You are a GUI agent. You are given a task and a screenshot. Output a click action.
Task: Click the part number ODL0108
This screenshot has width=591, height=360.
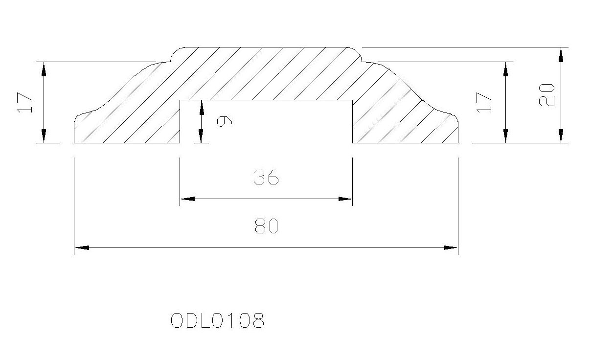(x=217, y=320)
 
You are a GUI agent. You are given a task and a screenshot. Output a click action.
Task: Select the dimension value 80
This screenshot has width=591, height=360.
(x=267, y=226)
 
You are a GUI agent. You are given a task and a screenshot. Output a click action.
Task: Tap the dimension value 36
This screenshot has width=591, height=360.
(x=266, y=177)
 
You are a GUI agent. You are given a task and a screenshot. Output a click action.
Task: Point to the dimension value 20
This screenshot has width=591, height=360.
(x=546, y=95)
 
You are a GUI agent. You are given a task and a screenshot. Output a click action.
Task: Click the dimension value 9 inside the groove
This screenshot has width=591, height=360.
(x=224, y=122)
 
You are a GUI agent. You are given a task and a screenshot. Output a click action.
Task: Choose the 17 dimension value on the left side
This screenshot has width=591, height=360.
(x=25, y=103)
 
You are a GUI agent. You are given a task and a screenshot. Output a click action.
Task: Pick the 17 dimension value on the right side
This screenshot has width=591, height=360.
(x=484, y=103)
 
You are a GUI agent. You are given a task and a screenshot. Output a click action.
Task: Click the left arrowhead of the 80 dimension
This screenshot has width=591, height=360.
(x=82, y=247)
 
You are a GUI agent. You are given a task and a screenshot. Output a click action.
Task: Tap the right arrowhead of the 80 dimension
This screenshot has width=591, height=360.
(x=451, y=247)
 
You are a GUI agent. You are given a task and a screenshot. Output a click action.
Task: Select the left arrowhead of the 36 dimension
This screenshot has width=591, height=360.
(x=188, y=199)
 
